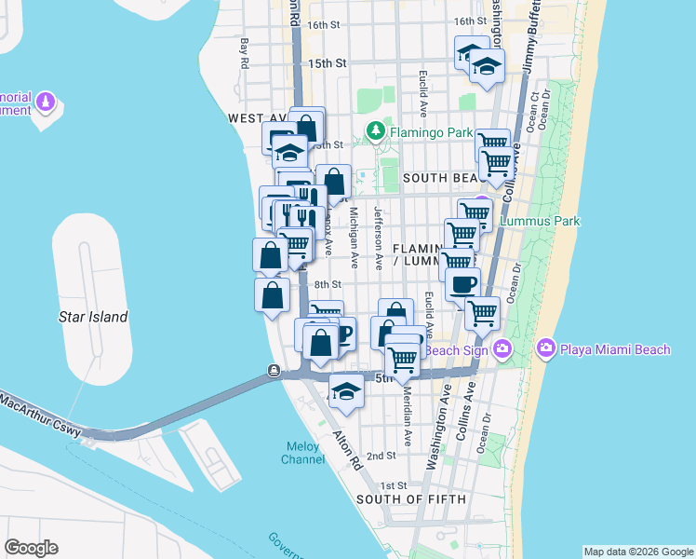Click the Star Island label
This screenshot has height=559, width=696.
pos(93,317)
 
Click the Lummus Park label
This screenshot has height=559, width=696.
pos(540,221)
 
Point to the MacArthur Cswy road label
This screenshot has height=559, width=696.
pos(42,415)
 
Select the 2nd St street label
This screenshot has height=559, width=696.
pos(381,456)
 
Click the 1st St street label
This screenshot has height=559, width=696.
pos(395,485)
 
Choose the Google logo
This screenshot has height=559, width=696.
pos(31,548)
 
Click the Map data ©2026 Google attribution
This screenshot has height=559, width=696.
pos(638,552)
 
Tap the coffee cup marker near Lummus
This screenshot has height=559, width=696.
pos(462,284)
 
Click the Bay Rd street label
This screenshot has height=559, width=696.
pos(246,53)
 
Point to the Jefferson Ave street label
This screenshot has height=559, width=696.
pos(379,238)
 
